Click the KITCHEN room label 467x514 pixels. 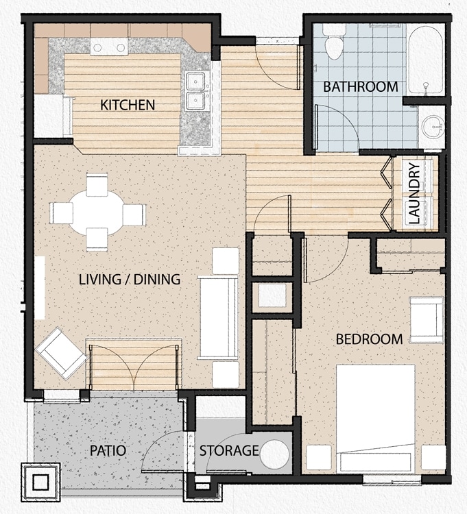click(x=128, y=105)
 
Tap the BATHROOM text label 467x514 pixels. click(x=360, y=87)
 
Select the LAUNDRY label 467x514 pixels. click(x=414, y=194)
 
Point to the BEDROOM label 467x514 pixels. click(x=369, y=339)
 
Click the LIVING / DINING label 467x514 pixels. click(x=130, y=280)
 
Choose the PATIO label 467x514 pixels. click(x=108, y=451)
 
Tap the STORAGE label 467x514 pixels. click(x=229, y=451)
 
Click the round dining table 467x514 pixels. click(x=97, y=212)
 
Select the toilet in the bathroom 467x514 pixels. click(x=335, y=45)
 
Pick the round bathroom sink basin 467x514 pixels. click(x=432, y=125)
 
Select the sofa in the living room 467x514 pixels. click(x=218, y=317)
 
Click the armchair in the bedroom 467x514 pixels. click(x=427, y=320)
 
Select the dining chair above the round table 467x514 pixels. click(x=97, y=184)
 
